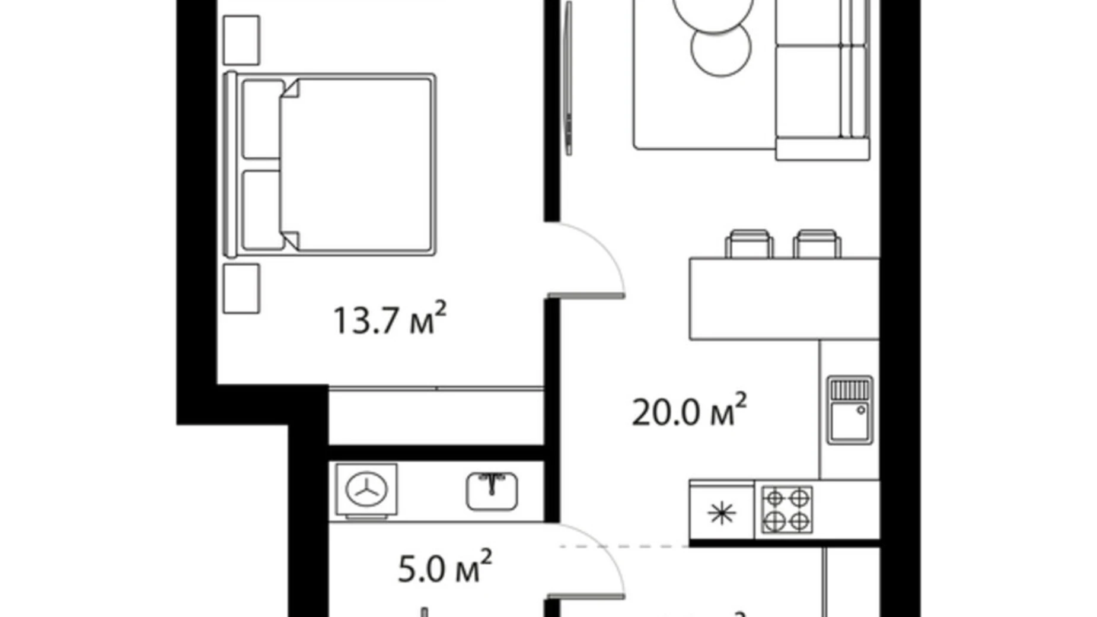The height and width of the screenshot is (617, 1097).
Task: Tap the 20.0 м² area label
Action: [x=688, y=411]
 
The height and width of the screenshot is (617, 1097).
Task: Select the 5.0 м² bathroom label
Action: [x=444, y=568]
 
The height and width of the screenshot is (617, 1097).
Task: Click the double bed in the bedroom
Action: [x=330, y=164]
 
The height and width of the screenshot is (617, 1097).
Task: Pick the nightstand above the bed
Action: [x=241, y=40]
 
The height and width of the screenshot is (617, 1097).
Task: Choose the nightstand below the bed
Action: [x=241, y=289]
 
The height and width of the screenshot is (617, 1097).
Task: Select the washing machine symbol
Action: [x=366, y=490]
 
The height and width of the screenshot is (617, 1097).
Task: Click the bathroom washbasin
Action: [x=492, y=490]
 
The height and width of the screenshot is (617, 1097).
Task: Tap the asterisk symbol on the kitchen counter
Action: [x=722, y=513]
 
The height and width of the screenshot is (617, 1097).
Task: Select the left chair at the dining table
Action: [x=749, y=244]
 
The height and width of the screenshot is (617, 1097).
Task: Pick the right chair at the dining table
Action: [x=817, y=244]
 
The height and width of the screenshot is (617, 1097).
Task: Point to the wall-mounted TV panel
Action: [x=569, y=77]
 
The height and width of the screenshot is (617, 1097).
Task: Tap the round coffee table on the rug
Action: [x=721, y=47]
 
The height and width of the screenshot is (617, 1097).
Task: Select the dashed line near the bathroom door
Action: [x=623, y=546]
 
